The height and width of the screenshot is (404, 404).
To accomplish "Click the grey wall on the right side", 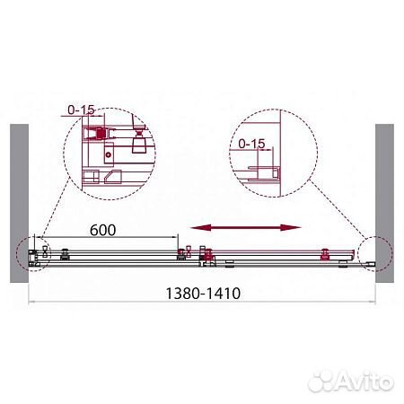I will click(x=384, y=198).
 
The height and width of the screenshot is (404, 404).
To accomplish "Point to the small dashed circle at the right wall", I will click(x=370, y=254).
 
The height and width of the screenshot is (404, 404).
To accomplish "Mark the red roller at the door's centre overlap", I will click(x=208, y=259).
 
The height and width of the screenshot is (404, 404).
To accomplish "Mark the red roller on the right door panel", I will click(x=322, y=251).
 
